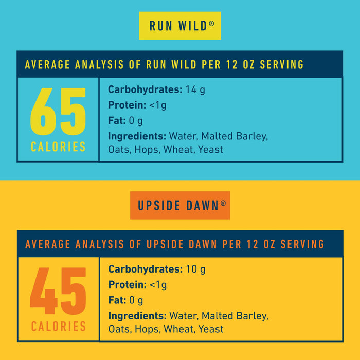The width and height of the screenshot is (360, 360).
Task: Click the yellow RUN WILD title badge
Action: pos(179,26)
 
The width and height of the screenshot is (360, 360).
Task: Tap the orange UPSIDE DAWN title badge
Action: pos(179,205)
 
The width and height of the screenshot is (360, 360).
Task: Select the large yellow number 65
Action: pos(58,112)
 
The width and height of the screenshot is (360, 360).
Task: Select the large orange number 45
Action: pos(58,292)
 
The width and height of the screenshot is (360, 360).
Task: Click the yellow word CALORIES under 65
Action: pos(58,147)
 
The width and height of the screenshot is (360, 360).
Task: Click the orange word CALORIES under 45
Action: pos(58,327)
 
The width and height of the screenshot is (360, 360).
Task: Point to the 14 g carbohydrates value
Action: pos(195,90)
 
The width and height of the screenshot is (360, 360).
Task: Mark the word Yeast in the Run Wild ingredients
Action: pos(211,150)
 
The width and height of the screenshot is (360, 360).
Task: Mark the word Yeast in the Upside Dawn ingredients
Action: pos(211,329)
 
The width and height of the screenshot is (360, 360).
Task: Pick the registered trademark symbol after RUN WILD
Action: pos(211,23)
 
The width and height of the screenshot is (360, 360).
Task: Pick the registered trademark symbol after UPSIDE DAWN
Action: pos(223,203)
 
